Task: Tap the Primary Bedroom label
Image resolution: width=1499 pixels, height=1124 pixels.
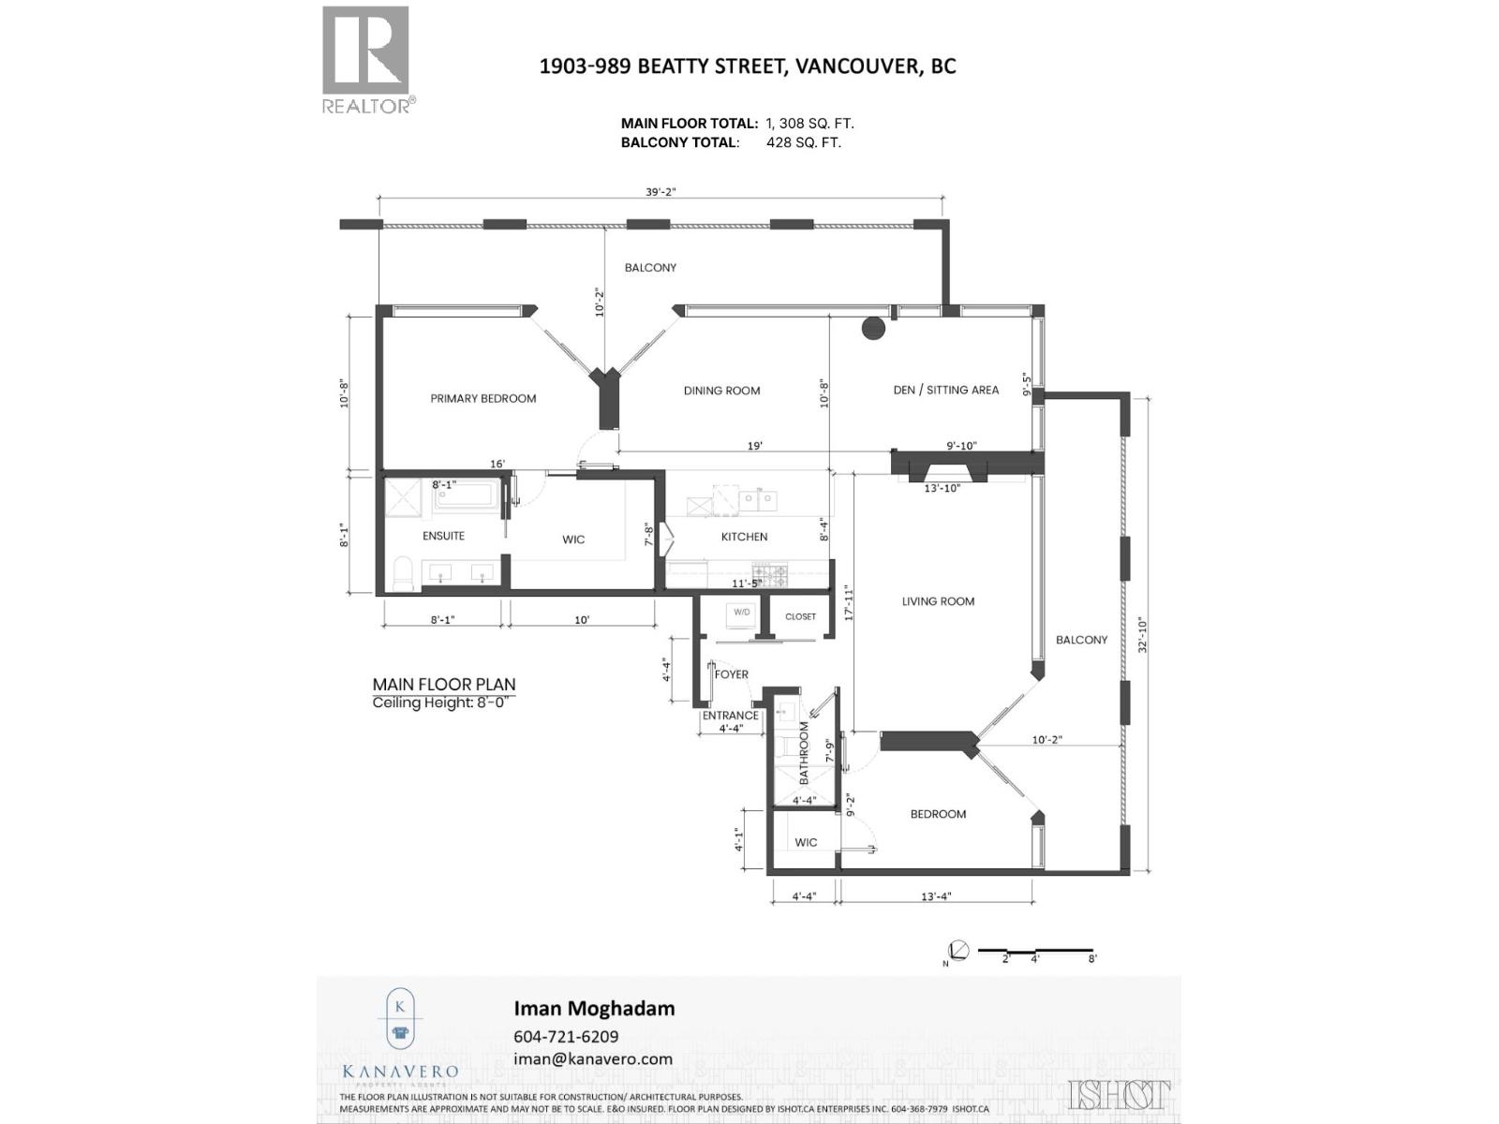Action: click(x=483, y=398)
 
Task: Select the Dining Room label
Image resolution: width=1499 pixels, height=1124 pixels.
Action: click(x=721, y=391)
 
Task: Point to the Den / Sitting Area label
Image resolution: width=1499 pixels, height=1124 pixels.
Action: click(x=945, y=390)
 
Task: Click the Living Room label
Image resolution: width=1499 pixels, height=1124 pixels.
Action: click(x=938, y=601)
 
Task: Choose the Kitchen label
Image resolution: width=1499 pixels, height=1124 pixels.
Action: click(x=744, y=537)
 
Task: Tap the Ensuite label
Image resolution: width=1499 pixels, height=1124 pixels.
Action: click(x=443, y=536)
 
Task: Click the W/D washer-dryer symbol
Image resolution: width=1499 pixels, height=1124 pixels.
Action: click(x=742, y=614)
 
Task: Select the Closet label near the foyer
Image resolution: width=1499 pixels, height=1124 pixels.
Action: click(x=800, y=616)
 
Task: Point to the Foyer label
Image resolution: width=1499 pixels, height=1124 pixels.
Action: click(x=732, y=674)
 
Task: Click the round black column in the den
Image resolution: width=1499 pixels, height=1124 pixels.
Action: click(x=873, y=328)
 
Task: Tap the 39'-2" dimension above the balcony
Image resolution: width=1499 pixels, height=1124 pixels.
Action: click(x=660, y=192)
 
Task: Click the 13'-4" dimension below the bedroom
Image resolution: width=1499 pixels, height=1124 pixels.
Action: click(x=935, y=896)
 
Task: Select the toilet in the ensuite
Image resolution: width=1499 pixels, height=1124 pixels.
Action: click(x=404, y=573)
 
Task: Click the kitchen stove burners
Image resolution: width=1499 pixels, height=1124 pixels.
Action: click(x=770, y=571)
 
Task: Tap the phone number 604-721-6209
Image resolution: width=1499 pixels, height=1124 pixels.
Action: click(x=566, y=1037)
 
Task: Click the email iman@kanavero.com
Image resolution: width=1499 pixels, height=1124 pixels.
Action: click(x=593, y=1059)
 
